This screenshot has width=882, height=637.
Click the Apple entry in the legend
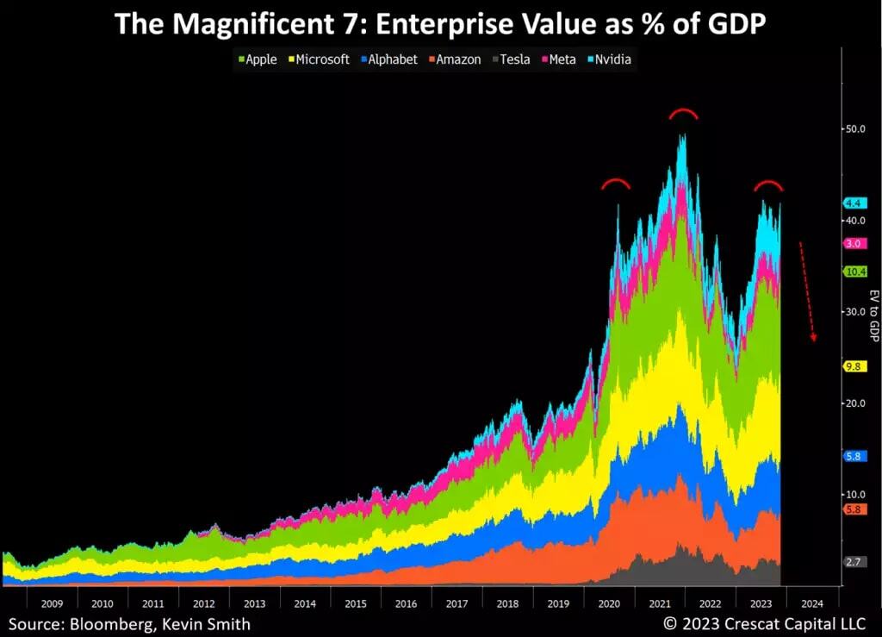pos(258,59)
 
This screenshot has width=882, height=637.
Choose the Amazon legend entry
pos(454,59)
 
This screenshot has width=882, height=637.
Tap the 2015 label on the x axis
pos(356,603)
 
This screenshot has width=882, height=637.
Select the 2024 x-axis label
pos(811,603)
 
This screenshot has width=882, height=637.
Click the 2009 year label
pos(52,603)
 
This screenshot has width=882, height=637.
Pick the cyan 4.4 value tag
pos(854,203)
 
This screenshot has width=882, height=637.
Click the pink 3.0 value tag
pos(854,244)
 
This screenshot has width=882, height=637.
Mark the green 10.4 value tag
pos(854,272)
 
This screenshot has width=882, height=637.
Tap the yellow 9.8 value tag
pos(854,365)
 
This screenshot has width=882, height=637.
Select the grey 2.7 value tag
pos(854,562)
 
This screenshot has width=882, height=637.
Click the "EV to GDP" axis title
pos(873,315)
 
